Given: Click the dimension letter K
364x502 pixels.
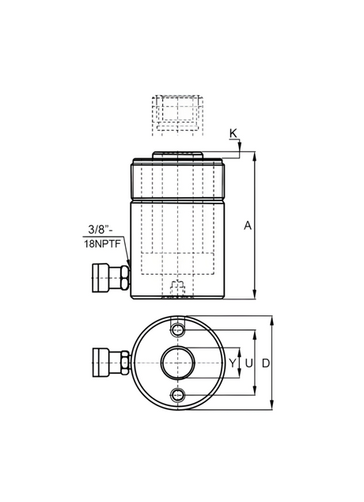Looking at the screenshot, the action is [x=233, y=133].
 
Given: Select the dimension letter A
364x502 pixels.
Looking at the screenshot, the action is [x=248, y=226].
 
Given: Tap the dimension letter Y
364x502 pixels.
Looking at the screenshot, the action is [x=233, y=363].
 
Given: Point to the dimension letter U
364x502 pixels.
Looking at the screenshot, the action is [x=248, y=363].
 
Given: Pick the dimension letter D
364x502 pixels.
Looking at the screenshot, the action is [x=266, y=363].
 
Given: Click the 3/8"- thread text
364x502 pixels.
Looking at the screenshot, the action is [x=101, y=230].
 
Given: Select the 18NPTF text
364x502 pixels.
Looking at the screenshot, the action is [x=102, y=245].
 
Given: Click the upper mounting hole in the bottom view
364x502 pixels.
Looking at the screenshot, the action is [x=177, y=330].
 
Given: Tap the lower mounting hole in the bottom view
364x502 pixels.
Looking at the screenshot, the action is [x=177, y=395].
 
